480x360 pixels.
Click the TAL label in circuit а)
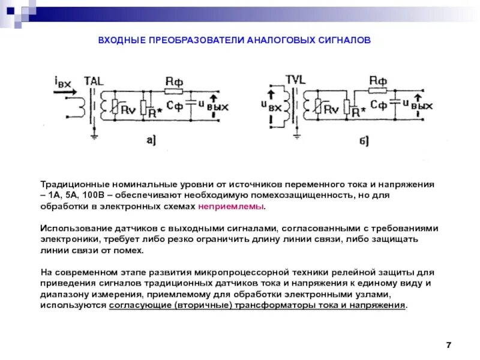tap(94, 81)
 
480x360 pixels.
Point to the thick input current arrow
tap(65, 92)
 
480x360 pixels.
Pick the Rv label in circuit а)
tap(128, 109)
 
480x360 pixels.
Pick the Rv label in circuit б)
tap(331, 109)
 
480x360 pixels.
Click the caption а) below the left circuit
tap(151, 140)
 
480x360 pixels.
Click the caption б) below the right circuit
tap(364, 141)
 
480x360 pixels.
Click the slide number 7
tap(448, 344)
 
